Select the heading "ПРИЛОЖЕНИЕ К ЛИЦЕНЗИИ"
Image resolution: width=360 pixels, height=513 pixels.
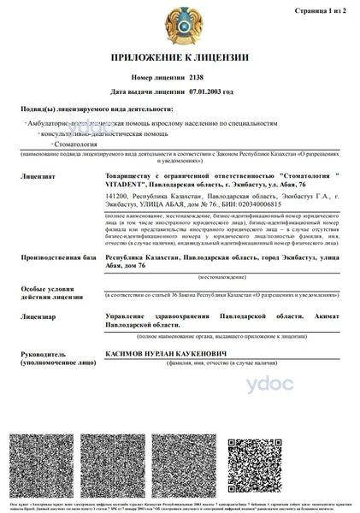[x=180, y=58]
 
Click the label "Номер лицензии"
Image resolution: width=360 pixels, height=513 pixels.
[x=152, y=77]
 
